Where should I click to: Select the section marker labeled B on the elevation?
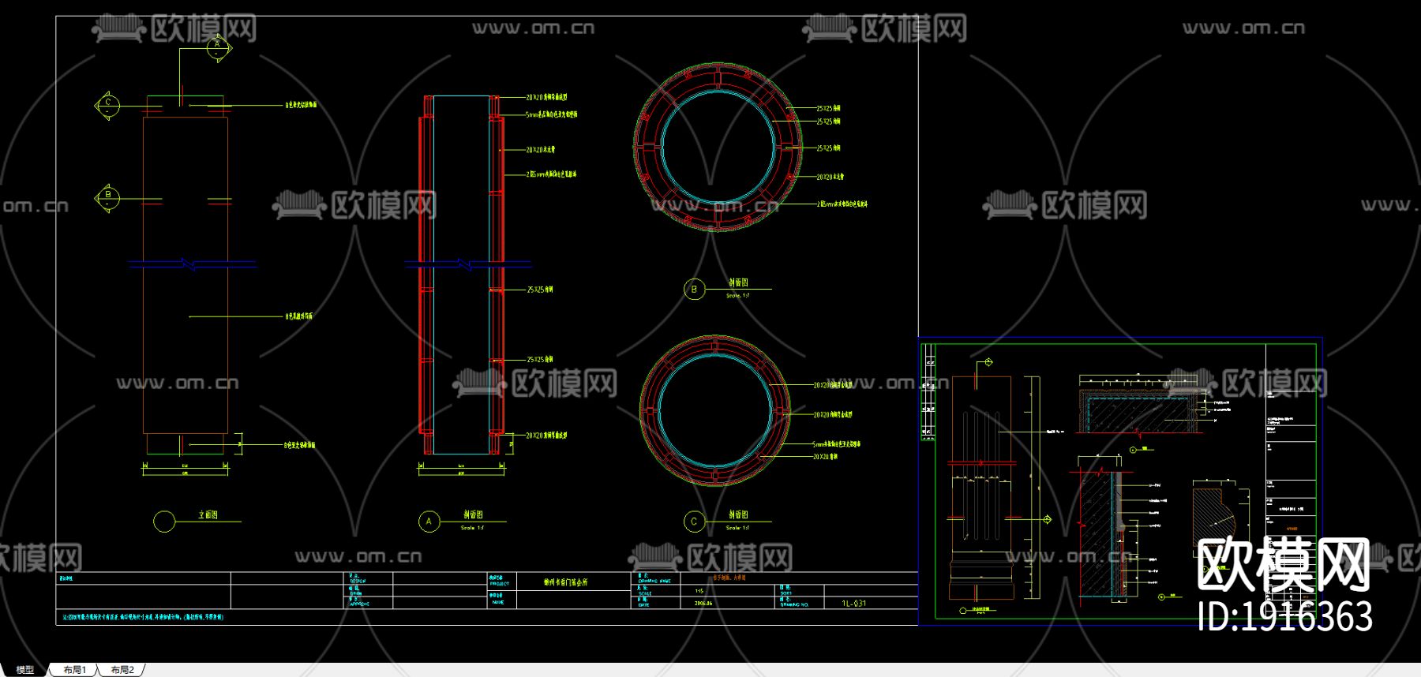[x=108, y=196]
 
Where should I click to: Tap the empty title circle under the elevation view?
[x=164, y=522]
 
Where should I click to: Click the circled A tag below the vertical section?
[x=429, y=522]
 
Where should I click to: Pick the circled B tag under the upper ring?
[x=694, y=290]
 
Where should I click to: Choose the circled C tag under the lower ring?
[x=694, y=522]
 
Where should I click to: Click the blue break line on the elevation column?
[x=192, y=264]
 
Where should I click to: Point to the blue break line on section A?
[x=467, y=264]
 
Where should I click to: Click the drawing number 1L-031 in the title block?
[x=853, y=604]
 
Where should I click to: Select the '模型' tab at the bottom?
[x=25, y=670]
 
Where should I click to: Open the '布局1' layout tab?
[x=75, y=670]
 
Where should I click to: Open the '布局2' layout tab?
[x=122, y=670]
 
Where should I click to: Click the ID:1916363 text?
[x=1284, y=617]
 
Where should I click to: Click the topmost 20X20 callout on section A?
[x=546, y=98]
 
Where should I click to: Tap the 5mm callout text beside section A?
[x=551, y=114]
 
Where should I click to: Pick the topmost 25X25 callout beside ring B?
[x=828, y=108]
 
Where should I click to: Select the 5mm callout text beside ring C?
[x=837, y=445]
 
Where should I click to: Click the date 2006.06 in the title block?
[x=703, y=603]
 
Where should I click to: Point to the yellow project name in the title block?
[x=565, y=582]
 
